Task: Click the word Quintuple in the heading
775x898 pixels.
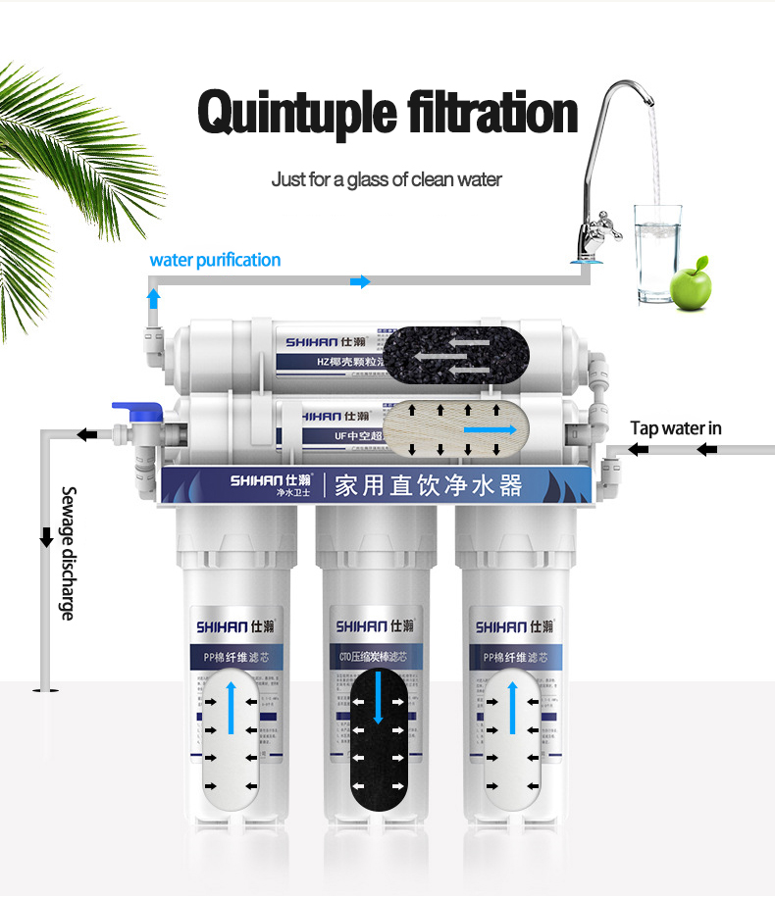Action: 293,114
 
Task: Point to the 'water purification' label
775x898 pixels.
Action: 215,260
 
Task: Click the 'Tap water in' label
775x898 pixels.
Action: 676,427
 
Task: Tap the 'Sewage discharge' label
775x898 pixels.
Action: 68,553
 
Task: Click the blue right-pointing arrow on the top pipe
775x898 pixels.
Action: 361,282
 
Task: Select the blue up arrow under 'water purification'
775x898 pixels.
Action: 153,296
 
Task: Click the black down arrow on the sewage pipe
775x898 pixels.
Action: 45,537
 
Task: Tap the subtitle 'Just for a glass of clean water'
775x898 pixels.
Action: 387,179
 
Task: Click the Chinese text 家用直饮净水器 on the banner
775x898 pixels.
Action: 428,484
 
